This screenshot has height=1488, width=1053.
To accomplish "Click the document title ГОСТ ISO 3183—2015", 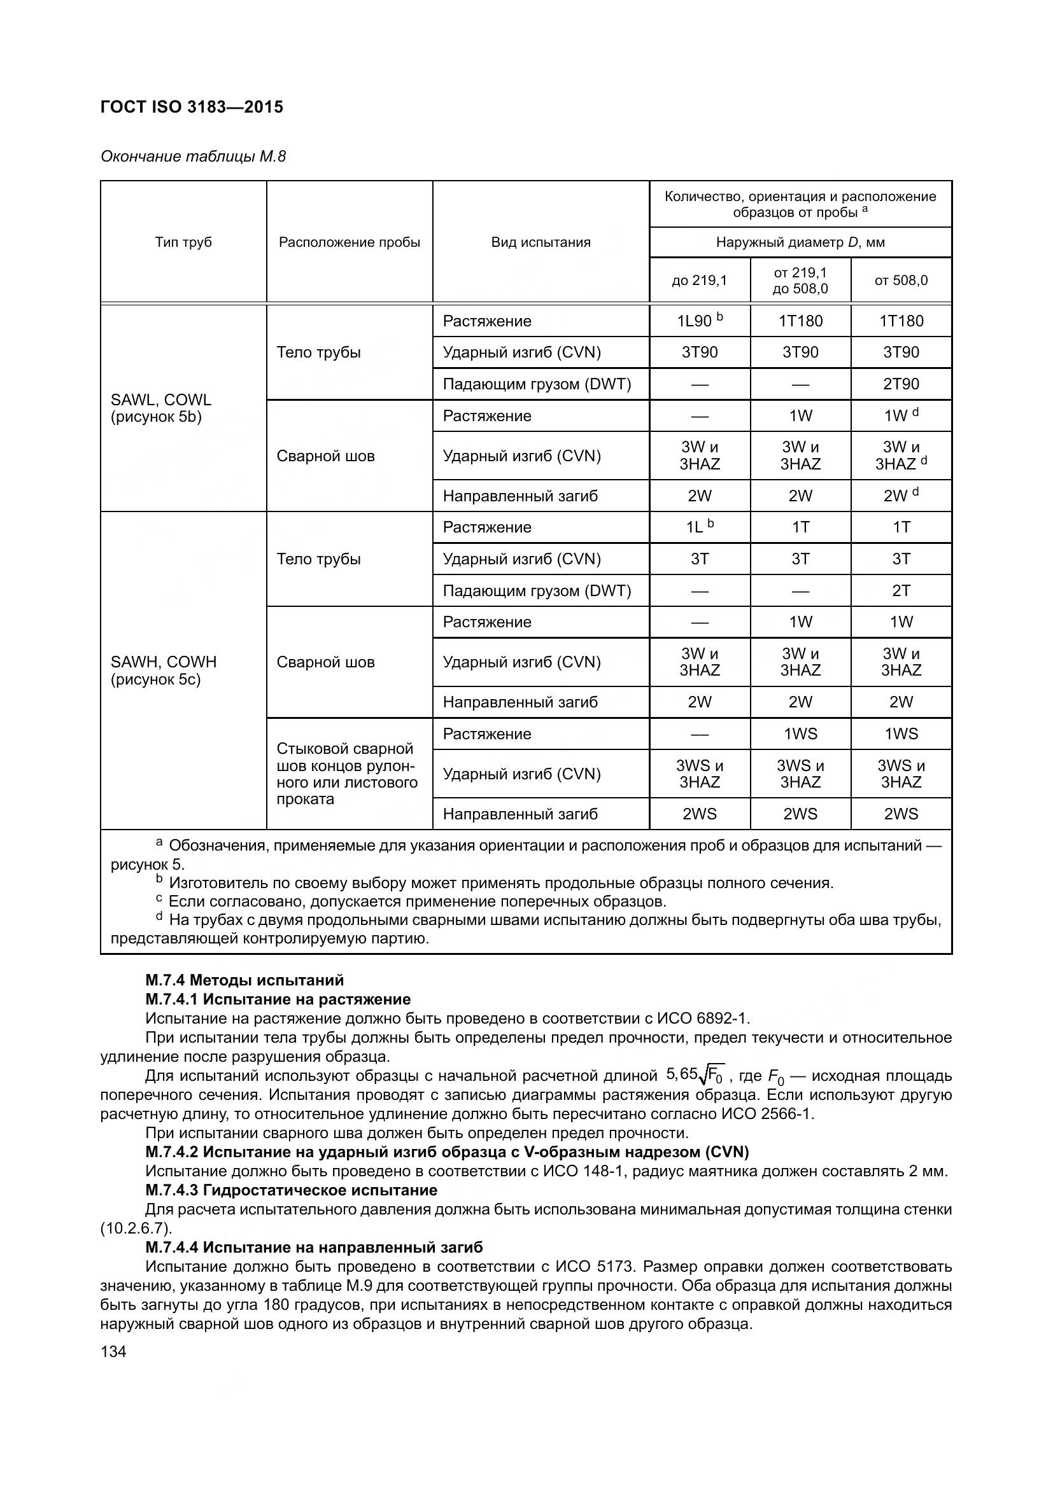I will pos(192,107).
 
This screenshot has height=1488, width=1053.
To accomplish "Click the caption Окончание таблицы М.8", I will pos(192,156).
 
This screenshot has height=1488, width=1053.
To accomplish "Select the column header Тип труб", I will pos(183,242).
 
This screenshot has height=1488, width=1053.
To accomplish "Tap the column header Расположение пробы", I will pos(350,242).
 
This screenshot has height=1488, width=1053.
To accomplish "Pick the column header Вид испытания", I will pos(541,242).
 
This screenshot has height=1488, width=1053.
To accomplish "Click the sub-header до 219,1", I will pos(700,281).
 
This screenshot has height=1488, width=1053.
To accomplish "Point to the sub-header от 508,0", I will pos(901,281).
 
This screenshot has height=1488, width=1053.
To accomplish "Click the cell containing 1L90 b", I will pos(700,321).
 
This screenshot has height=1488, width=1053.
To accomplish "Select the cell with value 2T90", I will pos(901,384).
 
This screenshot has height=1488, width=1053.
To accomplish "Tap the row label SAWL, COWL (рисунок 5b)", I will pos(161,408).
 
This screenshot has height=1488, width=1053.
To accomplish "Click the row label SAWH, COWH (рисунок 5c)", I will pos(164,670).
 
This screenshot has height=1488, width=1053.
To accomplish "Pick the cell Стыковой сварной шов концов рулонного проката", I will pos(347,773).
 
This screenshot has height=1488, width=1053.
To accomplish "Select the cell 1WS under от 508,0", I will pos(901,734).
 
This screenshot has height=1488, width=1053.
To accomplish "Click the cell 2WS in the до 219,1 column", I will pos(700,814).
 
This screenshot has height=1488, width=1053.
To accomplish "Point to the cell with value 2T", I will pos(901,590).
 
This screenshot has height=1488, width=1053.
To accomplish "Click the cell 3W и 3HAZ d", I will pos(901,455).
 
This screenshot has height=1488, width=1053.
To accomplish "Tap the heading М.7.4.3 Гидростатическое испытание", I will pos(291,1190).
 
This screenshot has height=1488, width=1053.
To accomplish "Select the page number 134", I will pos(113,1352).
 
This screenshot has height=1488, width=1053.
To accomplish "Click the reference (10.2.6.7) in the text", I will pos(136,1228).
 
